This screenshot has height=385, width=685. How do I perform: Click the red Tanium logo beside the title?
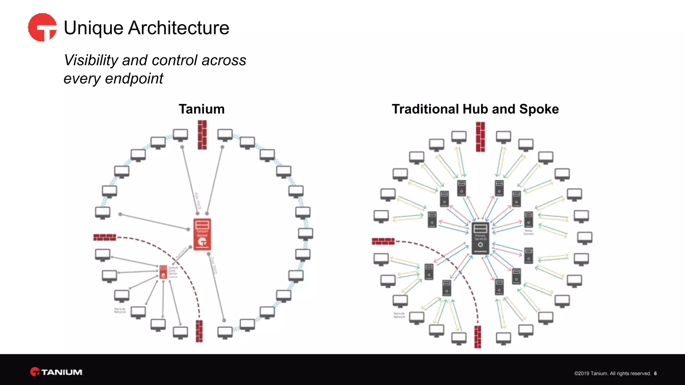[42, 27]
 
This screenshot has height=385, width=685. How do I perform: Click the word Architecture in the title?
[179, 28]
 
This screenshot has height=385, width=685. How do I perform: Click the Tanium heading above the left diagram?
[201, 109]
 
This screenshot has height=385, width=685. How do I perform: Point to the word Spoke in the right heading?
[539, 109]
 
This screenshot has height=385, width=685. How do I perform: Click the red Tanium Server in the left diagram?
[202, 234]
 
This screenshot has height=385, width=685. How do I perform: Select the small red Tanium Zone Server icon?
[163, 272]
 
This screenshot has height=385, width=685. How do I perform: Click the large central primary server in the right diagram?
[480, 238]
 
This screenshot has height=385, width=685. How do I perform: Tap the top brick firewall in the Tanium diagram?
[202, 135]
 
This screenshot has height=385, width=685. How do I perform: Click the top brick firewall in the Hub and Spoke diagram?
[480, 137]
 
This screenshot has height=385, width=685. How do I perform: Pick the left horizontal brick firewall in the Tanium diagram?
[105, 237]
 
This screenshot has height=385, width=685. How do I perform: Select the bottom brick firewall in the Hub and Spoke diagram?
[478, 337]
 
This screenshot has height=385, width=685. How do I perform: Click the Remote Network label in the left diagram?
[120, 310]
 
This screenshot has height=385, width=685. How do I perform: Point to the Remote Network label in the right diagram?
[399, 315]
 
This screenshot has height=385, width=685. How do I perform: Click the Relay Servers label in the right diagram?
[528, 232]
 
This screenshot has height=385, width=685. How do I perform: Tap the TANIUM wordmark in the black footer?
[62, 372]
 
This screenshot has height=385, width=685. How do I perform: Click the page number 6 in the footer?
[655, 374]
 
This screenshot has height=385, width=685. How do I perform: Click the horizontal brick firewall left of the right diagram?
[383, 241]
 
